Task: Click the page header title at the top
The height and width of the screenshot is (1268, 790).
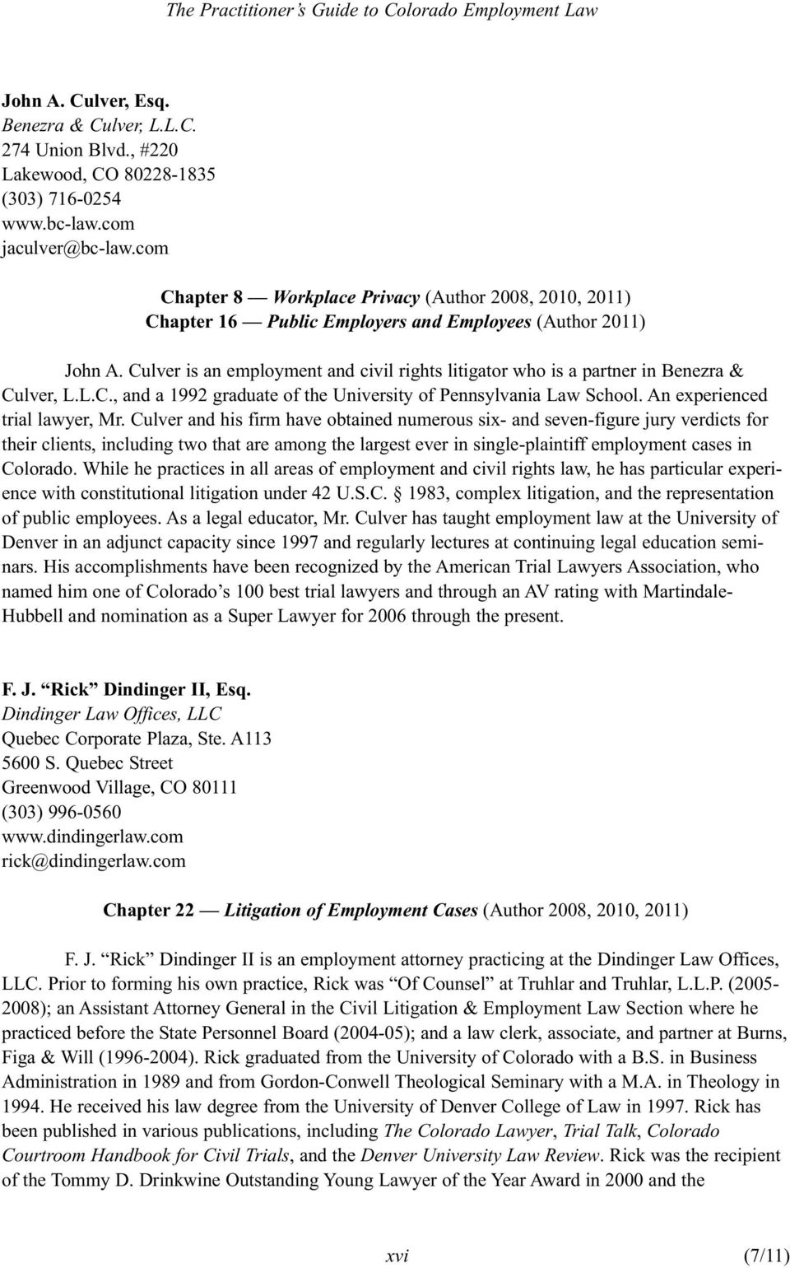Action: tap(382, 12)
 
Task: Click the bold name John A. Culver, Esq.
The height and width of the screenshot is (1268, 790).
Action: tap(86, 101)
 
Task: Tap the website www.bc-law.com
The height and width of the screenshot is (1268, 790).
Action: tap(67, 223)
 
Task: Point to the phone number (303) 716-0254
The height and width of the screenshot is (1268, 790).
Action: tap(62, 199)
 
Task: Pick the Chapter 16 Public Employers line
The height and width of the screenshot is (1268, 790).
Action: tap(395, 321)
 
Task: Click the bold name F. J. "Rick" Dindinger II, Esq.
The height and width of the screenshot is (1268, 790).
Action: tap(126, 690)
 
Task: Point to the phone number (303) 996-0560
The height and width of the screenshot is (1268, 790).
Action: tap(62, 812)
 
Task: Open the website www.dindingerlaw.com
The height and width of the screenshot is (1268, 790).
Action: tap(92, 837)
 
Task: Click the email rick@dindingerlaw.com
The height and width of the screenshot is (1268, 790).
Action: tap(94, 861)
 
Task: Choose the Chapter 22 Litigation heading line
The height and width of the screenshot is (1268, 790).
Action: tap(395, 911)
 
